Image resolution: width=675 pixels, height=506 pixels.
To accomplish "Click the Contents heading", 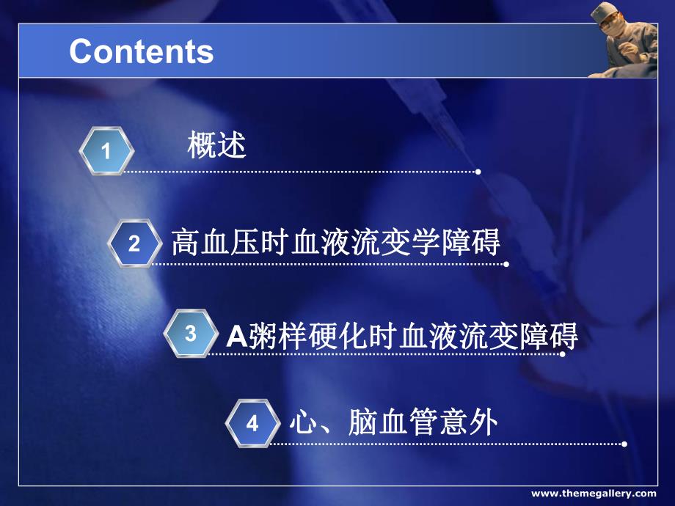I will [x=141, y=51].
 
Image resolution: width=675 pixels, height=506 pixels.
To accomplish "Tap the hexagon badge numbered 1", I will [x=106, y=152].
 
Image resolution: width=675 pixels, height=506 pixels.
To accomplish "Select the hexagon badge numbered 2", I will [x=134, y=243].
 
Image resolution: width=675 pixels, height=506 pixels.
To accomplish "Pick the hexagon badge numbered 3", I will [x=191, y=334].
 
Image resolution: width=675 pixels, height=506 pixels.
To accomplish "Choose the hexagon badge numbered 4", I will [x=252, y=424].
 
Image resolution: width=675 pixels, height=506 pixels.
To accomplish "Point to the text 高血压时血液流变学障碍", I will [x=335, y=242].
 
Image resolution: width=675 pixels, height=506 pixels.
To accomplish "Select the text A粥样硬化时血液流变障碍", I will [x=402, y=336].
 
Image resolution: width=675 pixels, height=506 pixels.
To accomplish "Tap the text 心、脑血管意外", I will [x=393, y=423].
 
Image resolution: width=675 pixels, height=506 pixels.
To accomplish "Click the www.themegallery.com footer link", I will [x=594, y=494].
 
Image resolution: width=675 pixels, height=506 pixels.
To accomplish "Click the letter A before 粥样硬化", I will [x=235, y=337].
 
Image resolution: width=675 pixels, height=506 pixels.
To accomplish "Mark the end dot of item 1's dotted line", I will [x=478, y=172].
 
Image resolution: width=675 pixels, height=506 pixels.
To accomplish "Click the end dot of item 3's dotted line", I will [x=563, y=354].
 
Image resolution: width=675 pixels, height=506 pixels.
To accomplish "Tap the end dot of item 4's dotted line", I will [x=624, y=444].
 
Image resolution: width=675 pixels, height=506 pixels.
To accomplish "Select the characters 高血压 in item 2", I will [x=208, y=242].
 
